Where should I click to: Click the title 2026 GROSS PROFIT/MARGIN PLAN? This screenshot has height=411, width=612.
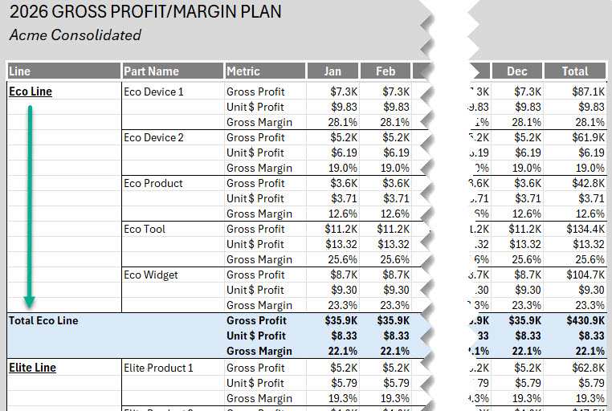[145, 13]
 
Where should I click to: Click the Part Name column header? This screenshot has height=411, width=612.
[152, 71]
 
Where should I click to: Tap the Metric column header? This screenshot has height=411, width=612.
[243, 71]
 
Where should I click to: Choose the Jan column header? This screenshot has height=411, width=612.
[332, 71]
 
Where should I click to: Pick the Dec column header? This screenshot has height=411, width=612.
[517, 71]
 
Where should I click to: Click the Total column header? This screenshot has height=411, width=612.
[574, 71]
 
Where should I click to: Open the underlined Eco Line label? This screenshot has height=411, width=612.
[31, 92]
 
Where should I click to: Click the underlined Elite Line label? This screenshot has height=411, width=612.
[32, 368]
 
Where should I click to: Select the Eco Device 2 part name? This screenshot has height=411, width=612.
[153, 137]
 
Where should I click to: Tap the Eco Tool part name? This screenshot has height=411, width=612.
[145, 229]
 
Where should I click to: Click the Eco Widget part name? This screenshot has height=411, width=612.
[151, 275]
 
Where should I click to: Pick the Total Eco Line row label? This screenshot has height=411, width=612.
[43, 320]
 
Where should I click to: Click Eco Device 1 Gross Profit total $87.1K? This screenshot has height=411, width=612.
[589, 92]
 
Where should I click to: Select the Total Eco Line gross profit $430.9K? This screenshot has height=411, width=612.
[586, 320]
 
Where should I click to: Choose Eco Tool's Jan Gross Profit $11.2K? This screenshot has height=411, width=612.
[339, 229]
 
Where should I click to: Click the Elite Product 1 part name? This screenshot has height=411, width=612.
[158, 368]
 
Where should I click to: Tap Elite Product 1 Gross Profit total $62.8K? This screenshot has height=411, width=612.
[588, 368]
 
